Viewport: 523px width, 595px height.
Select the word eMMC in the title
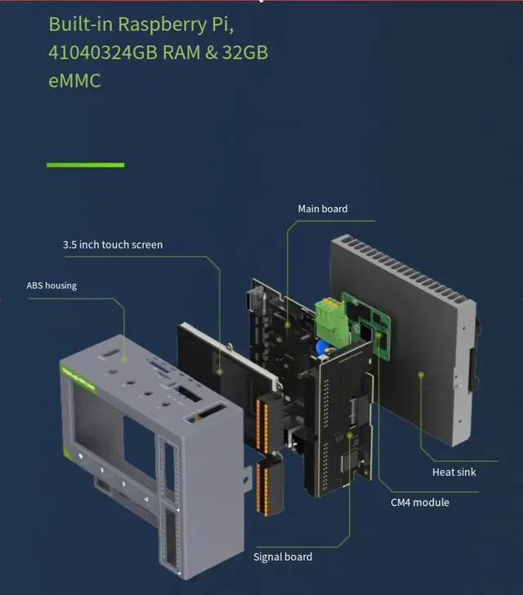74,81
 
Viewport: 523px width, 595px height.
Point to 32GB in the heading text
244,52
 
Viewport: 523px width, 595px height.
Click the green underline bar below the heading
85,165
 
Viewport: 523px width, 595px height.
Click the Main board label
322,209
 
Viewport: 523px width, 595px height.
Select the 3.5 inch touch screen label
113,244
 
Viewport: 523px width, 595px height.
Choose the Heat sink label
454,472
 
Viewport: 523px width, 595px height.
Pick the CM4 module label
419,502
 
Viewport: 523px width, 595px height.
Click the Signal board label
283,557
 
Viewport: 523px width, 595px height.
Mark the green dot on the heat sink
421,376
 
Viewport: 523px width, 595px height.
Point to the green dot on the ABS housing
124,358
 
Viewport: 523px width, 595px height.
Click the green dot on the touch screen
220,370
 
